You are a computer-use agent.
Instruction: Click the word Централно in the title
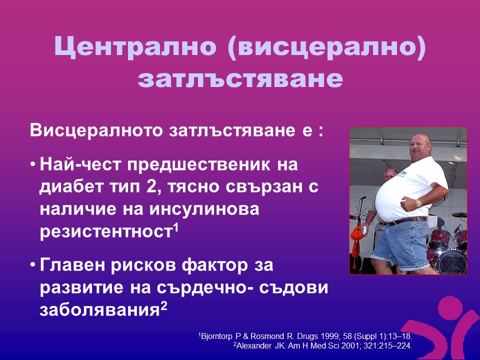click(135, 46)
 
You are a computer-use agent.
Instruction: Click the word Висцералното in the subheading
click(96, 130)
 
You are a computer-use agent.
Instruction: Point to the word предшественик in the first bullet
click(199, 164)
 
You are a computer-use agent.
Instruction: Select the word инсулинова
click(204, 209)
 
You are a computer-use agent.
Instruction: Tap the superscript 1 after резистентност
click(175, 228)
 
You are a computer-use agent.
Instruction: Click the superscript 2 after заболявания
click(164, 306)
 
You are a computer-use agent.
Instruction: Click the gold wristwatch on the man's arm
click(418, 203)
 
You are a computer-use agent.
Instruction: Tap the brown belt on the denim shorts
click(407, 220)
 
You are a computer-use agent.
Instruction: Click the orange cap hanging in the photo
click(356, 234)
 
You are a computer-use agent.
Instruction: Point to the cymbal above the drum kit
click(459, 214)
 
